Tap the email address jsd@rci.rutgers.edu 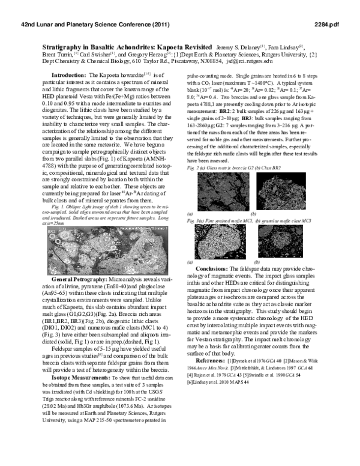pyautogui.click(x=250, y=61)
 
